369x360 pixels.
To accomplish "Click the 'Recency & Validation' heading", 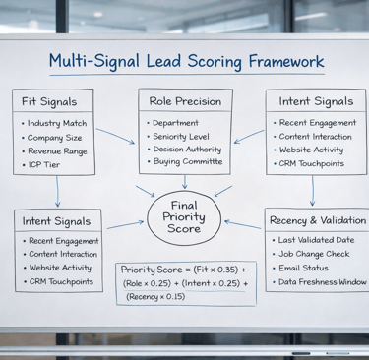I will pos(317,220).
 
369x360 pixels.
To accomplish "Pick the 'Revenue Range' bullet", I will pos(59,150).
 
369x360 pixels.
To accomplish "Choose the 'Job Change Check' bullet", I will pos(316,254).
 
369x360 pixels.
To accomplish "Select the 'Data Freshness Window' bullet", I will pos(323,281).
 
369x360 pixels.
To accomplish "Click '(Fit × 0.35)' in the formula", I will pos(218,269).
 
